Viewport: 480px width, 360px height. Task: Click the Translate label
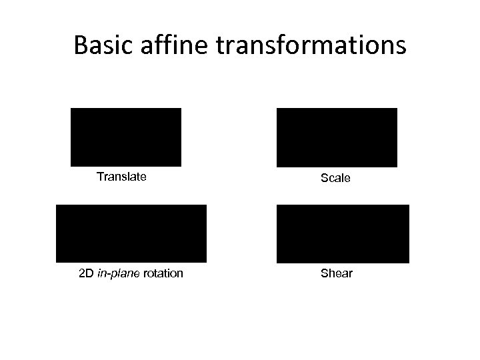tap(121, 177)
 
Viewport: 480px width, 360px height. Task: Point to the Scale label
tap(335, 179)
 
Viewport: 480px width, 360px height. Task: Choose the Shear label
tap(337, 273)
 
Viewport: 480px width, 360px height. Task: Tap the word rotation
tap(163, 273)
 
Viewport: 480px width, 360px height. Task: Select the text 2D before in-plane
tap(87, 273)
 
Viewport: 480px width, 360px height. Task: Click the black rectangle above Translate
tap(126, 137)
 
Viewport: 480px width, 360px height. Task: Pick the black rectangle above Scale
tap(337, 137)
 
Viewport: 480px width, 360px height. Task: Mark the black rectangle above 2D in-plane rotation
tap(131, 233)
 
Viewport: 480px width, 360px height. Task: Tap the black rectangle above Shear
tap(343, 233)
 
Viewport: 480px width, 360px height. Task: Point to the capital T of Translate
tap(100, 177)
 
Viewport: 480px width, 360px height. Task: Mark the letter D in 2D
tap(91, 273)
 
